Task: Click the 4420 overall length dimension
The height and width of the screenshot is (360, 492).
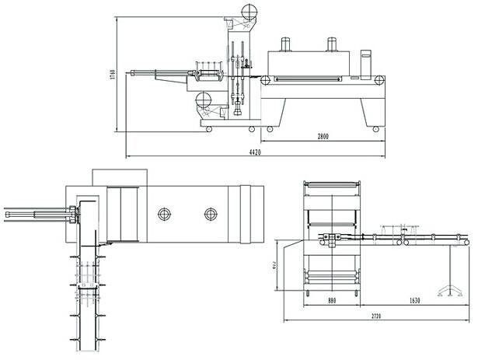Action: click(254, 152)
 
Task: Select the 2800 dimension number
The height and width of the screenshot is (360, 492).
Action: click(323, 137)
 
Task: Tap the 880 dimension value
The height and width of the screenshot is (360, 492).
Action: click(332, 300)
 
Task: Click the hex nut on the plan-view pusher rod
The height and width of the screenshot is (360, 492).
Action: click(72, 211)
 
